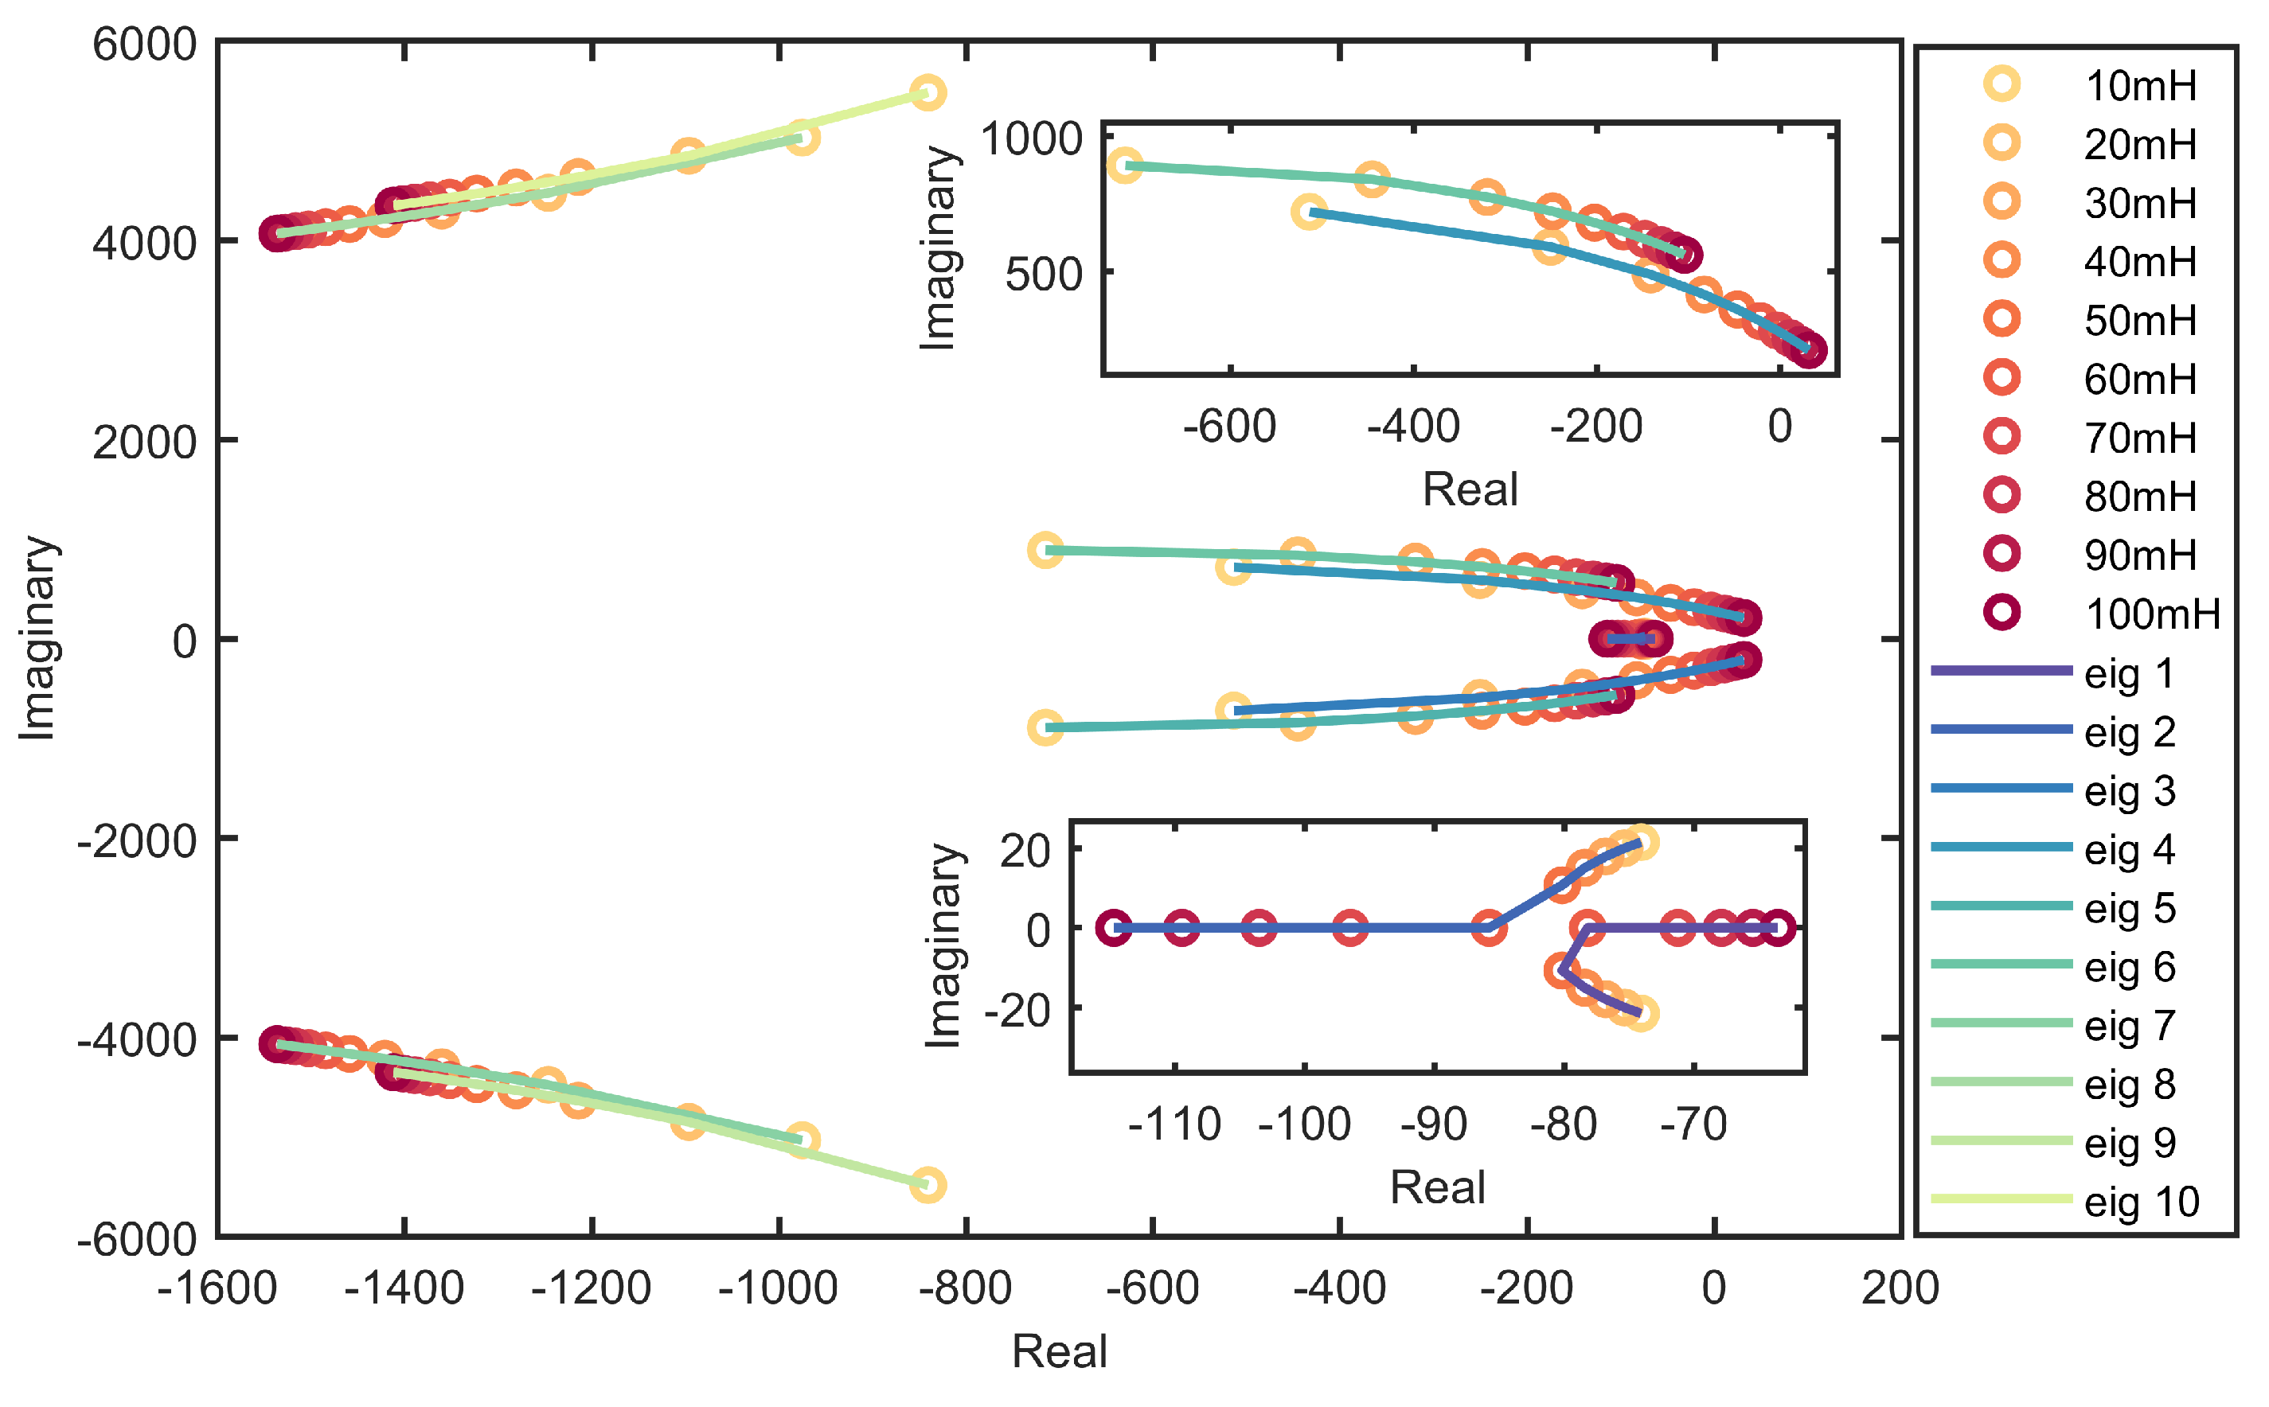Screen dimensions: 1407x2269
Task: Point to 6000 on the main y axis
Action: (x=144, y=45)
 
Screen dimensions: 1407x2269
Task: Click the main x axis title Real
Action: (x=1058, y=1351)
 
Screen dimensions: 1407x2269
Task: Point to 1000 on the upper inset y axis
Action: (x=1031, y=139)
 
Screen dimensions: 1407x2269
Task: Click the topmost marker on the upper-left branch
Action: (x=927, y=92)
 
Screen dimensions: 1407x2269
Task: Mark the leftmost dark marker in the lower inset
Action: (x=1113, y=928)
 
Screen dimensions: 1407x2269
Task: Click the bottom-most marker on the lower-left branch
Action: (x=927, y=1185)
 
